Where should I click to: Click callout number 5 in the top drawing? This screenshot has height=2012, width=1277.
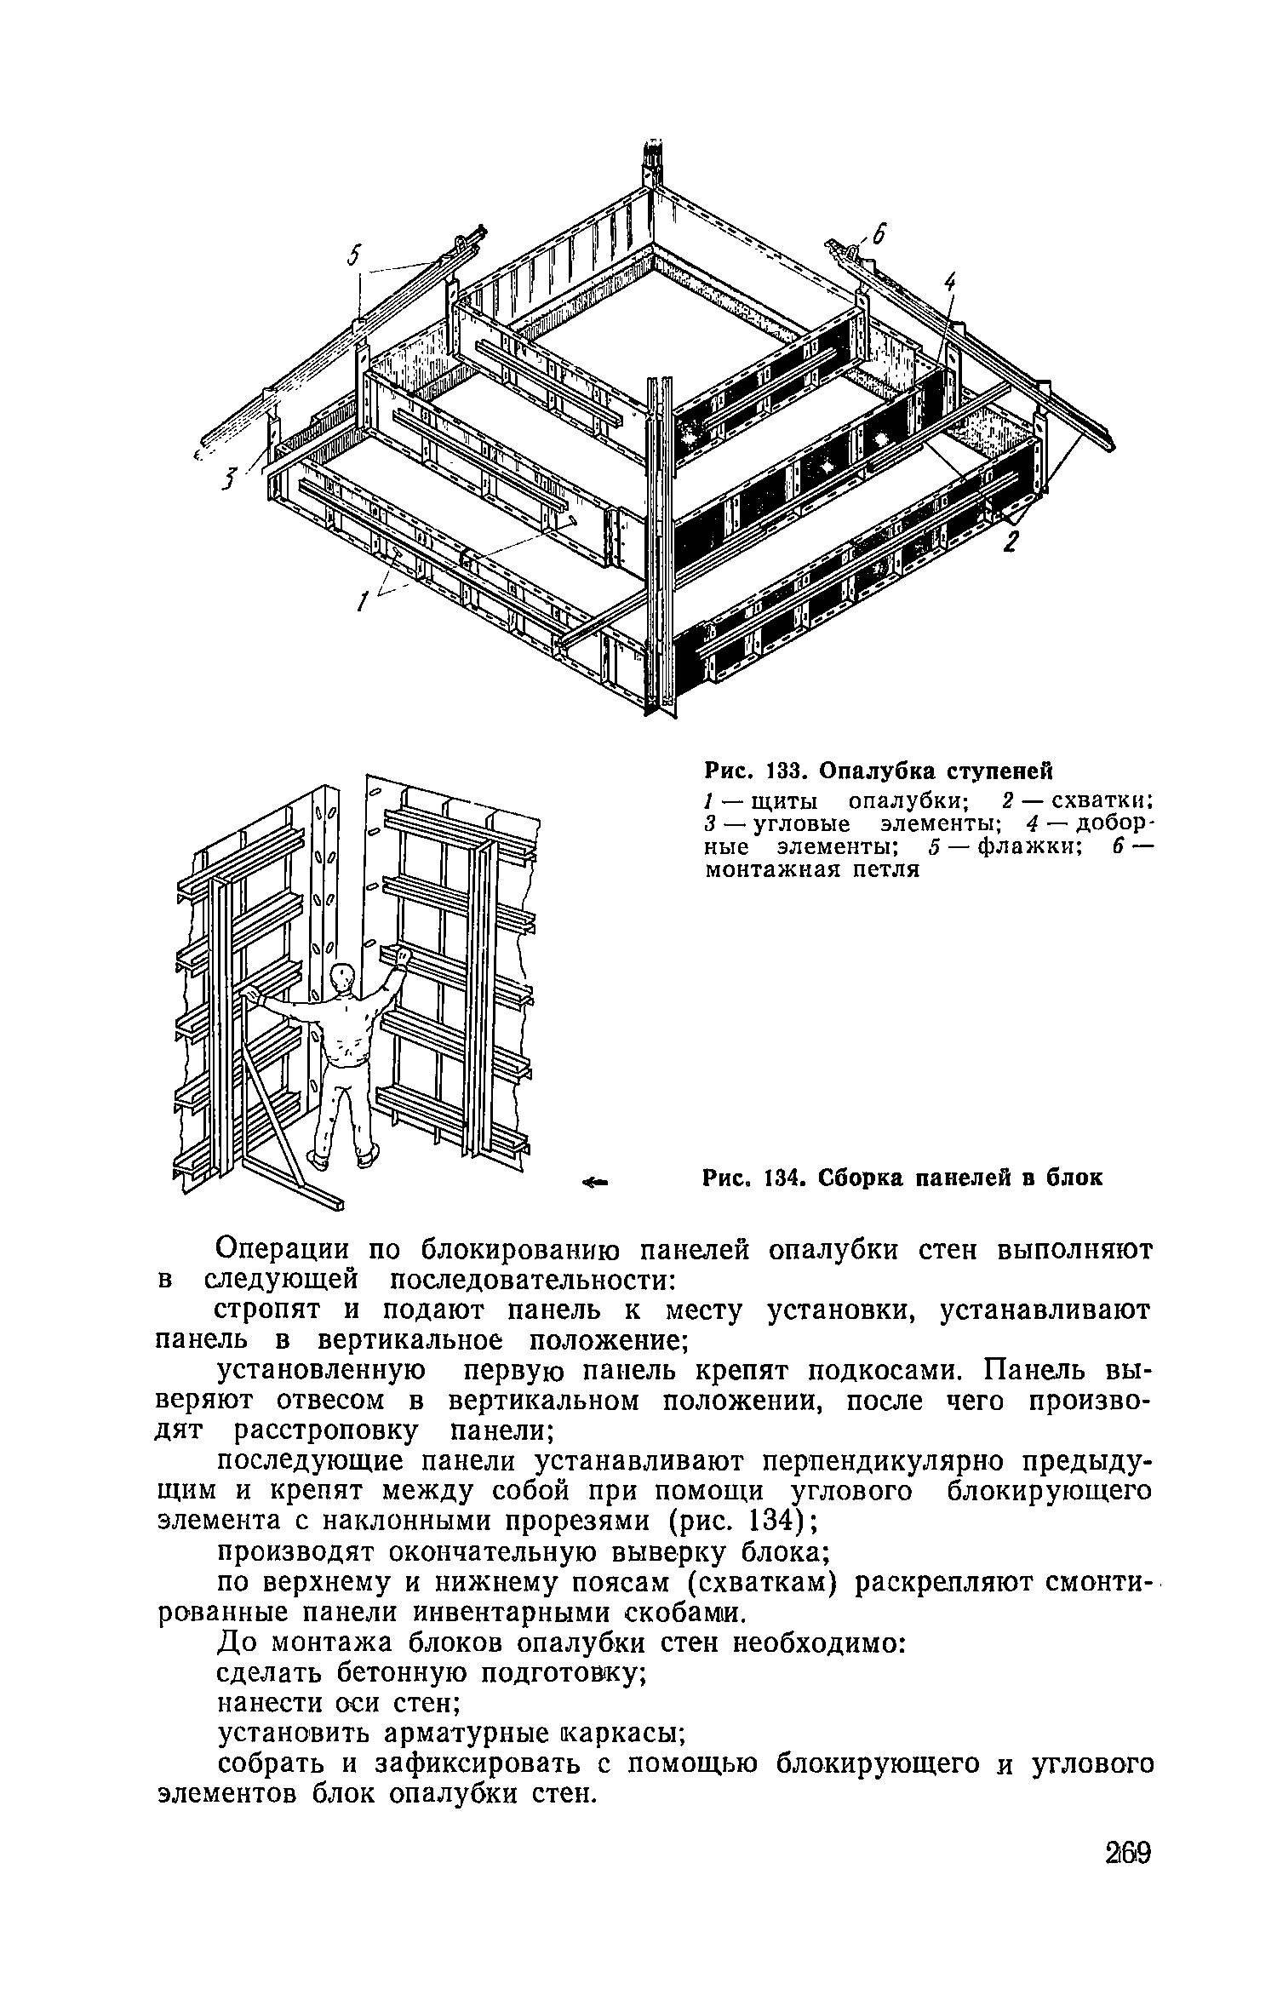[355, 254]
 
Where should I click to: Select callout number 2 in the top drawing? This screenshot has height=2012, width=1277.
[1011, 542]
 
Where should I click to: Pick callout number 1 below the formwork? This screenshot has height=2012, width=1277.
[363, 602]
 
